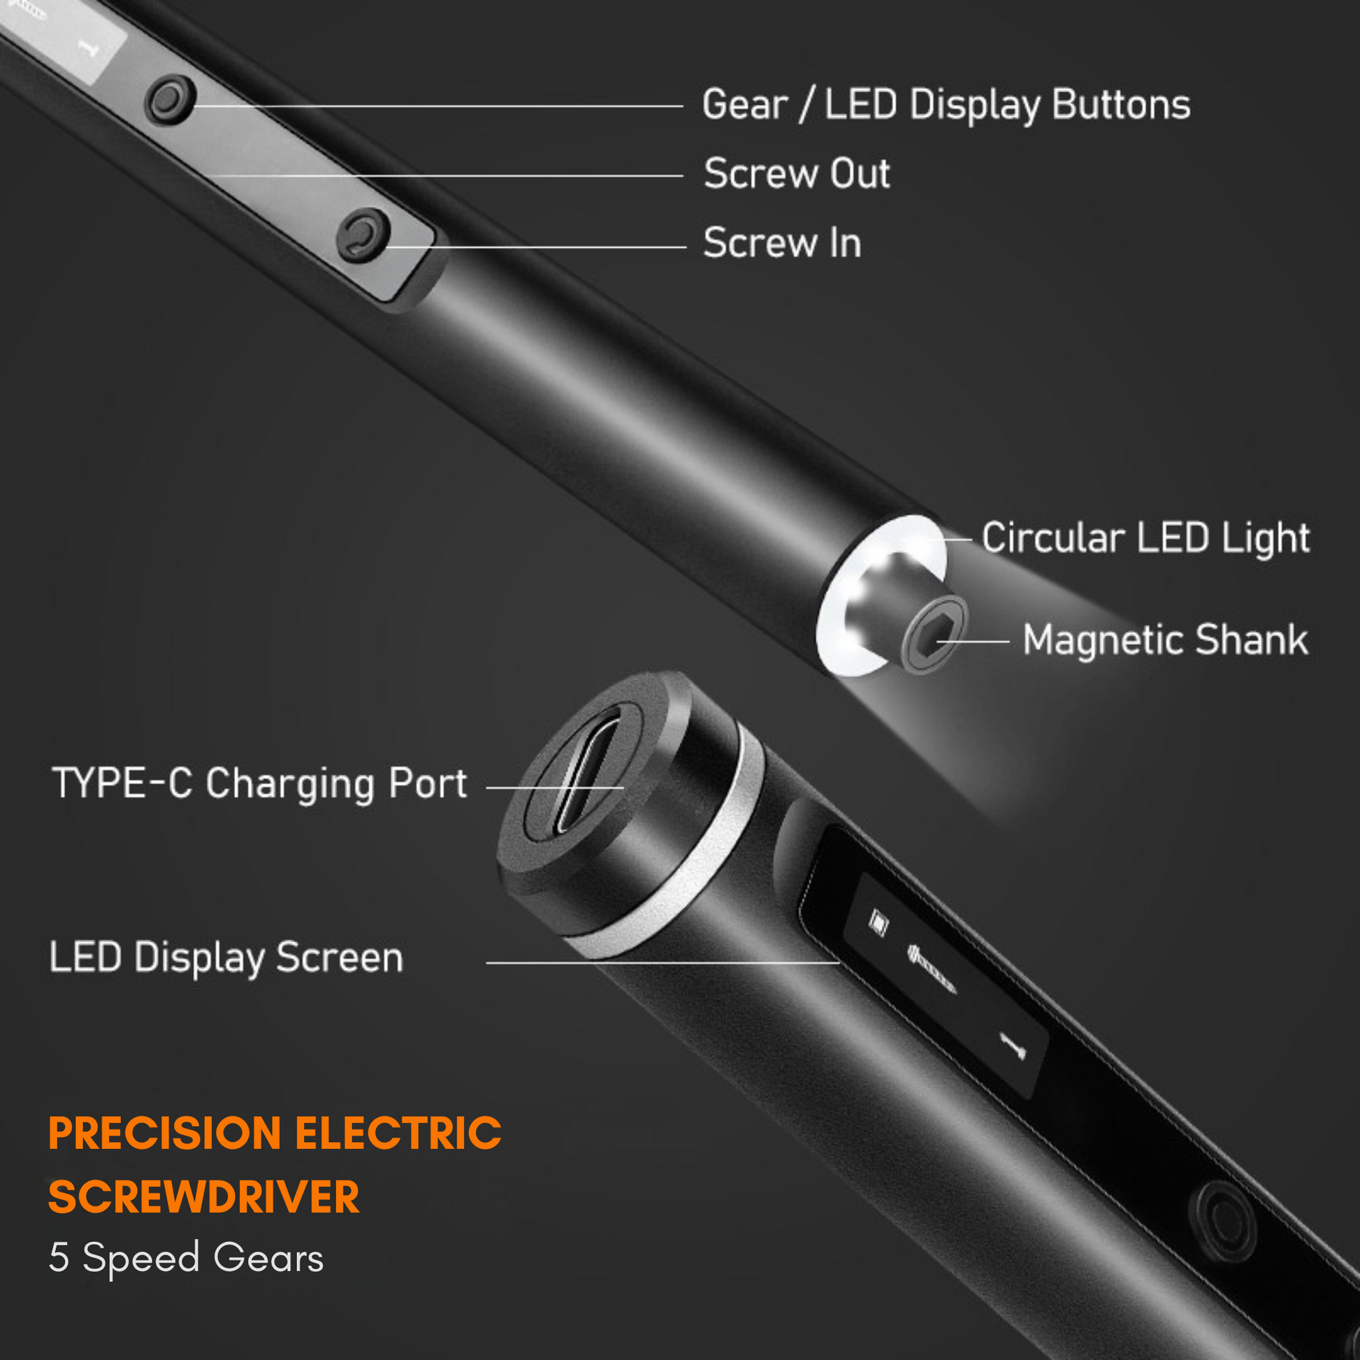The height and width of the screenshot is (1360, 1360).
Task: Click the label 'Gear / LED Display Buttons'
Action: click(x=946, y=106)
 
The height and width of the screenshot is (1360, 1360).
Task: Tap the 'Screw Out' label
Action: click(x=796, y=174)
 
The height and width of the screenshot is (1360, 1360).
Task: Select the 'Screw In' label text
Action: click(x=781, y=244)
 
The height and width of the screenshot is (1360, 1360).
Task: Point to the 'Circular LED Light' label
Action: click(x=1145, y=539)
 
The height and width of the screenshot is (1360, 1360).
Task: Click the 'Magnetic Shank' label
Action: click(x=1165, y=640)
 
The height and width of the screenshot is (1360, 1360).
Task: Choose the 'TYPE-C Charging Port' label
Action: click(x=259, y=784)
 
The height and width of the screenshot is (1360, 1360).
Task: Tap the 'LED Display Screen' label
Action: click(x=226, y=957)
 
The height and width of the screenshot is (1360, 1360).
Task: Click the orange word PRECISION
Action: click(x=165, y=1134)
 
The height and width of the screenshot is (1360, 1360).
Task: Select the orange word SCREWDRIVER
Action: click(x=203, y=1197)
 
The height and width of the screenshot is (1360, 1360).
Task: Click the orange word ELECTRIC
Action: click(x=398, y=1134)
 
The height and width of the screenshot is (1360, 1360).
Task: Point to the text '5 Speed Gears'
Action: click(x=186, y=1258)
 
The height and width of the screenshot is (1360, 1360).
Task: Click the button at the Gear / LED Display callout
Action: click(x=169, y=100)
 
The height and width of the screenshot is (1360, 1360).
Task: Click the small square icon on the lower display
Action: click(x=877, y=921)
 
